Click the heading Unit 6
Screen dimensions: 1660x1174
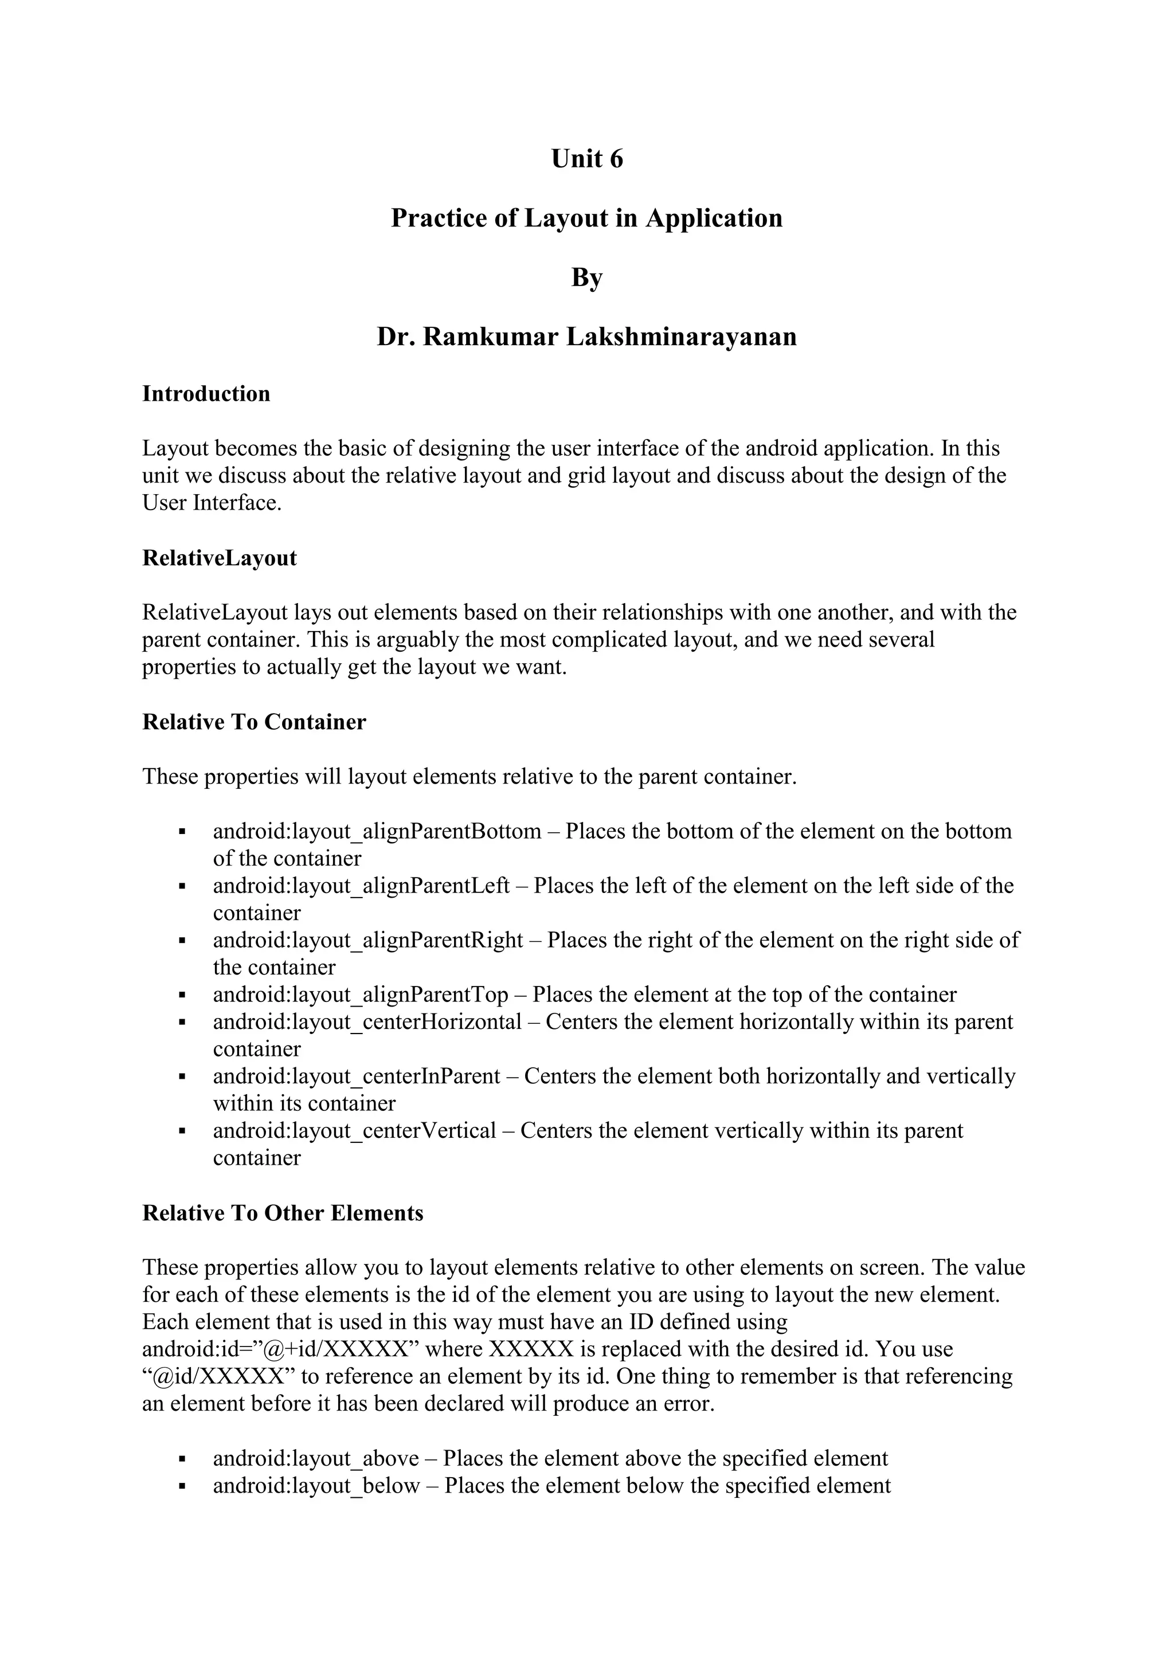(x=586, y=159)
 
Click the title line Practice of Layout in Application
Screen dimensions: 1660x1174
(x=586, y=218)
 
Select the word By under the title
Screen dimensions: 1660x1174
(x=586, y=277)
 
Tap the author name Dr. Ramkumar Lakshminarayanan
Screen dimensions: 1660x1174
(x=586, y=337)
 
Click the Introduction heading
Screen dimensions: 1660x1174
(x=206, y=394)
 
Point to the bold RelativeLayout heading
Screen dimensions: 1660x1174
(x=219, y=558)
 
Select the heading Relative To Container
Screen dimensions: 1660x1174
(x=254, y=722)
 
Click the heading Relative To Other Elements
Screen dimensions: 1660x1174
(x=283, y=1213)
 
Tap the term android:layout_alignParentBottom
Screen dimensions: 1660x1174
(x=377, y=832)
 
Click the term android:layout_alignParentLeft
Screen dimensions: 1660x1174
(x=362, y=886)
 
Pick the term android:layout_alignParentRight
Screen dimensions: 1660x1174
(x=368, y=940)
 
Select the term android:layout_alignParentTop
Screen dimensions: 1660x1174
(x=361, y=995)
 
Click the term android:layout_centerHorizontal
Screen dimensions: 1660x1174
(x=367, y=1023)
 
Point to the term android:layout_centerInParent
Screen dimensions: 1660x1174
(x=357, y=1076)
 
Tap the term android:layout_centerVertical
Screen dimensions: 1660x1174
(x=354, y=1131)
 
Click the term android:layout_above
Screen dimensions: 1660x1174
(x=316, y=1458)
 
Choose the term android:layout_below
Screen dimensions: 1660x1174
(x=316, y=1486)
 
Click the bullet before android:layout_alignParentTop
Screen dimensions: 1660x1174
(x=182, y=996)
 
